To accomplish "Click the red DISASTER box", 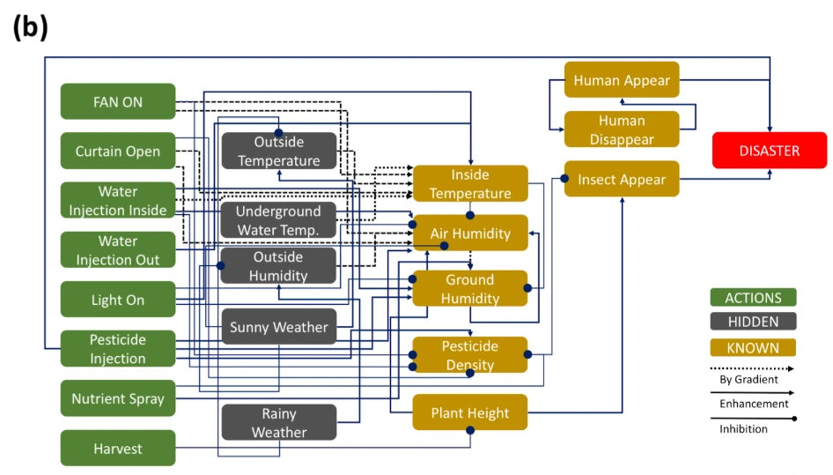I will [769, 151].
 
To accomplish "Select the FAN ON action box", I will [118, 101].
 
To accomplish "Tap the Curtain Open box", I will [118, 151].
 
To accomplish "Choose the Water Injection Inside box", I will [118, 201].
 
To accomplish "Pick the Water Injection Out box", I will [118, 250].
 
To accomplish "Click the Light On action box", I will [118, 300].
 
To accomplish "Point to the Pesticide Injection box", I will [118, 349].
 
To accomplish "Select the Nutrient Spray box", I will [118, 398].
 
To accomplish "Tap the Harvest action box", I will [118, 449].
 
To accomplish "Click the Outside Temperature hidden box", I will [279, 152].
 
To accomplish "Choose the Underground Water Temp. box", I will [279, 220].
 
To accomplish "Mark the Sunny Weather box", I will [279, 327].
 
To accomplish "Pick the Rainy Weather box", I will [279, 423].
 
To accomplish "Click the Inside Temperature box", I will [470, 184].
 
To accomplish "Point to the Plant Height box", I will [470, 412].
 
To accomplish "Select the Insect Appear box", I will [622, 180].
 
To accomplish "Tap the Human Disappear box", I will [622, 130].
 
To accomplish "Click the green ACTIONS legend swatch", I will [753, 298].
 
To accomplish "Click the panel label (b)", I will [30, 27].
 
